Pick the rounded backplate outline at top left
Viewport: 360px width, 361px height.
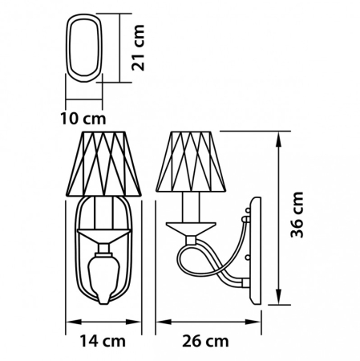(x=84, y=48)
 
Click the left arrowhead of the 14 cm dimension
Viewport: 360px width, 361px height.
(x=66, y=326)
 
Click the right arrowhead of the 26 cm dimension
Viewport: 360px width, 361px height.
(x=262, y=326)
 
